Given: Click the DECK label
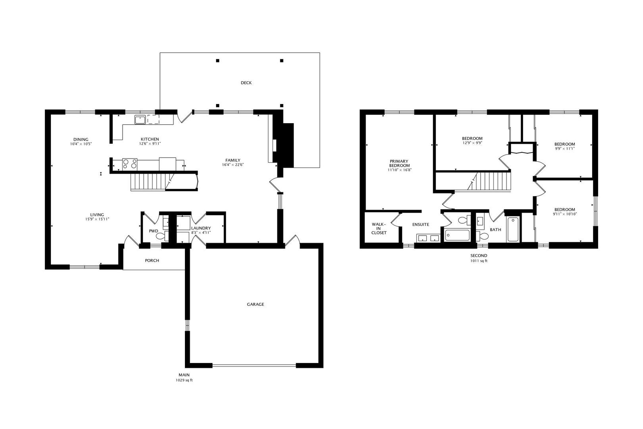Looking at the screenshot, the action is [x=246, y=83].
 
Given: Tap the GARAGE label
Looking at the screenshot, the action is [x=256, y=304].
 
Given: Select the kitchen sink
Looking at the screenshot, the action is [x=140, y=120].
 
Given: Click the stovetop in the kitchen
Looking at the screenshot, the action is [x=130, y=164].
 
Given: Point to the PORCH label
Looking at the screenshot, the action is [x=152, y=261].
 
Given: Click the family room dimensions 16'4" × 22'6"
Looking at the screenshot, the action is [x=233, y=165].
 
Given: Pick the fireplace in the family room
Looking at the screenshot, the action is [x=283, y=145].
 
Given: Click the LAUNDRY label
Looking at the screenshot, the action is [x=201, y=228].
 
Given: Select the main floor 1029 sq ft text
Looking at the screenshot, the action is [x=184, y=380].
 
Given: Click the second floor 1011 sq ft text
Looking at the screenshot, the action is [x=479, y=261].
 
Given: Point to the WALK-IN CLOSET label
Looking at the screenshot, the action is [x=379, y=228].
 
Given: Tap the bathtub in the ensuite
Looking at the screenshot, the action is [x=457, y=235].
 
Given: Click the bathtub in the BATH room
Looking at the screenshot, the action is [x=513, y=229].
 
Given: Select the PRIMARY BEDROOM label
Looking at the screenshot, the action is [x=399, y=164].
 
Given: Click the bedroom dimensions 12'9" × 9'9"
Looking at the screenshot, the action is [x=472, y=143].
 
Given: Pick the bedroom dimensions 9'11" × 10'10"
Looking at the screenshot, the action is [x=565, y=214].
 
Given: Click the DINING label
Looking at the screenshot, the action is [x=81, y=140].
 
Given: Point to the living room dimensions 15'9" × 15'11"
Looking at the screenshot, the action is [x=97, y=219].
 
